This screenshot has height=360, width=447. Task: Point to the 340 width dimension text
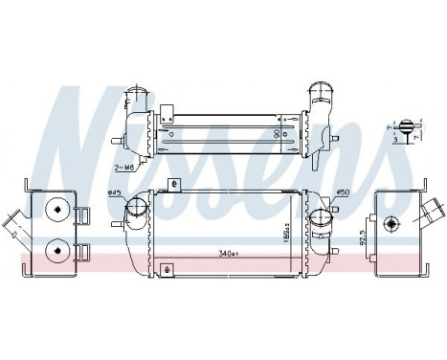(x=228, y=255)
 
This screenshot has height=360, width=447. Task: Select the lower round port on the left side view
(x=56, y=250)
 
